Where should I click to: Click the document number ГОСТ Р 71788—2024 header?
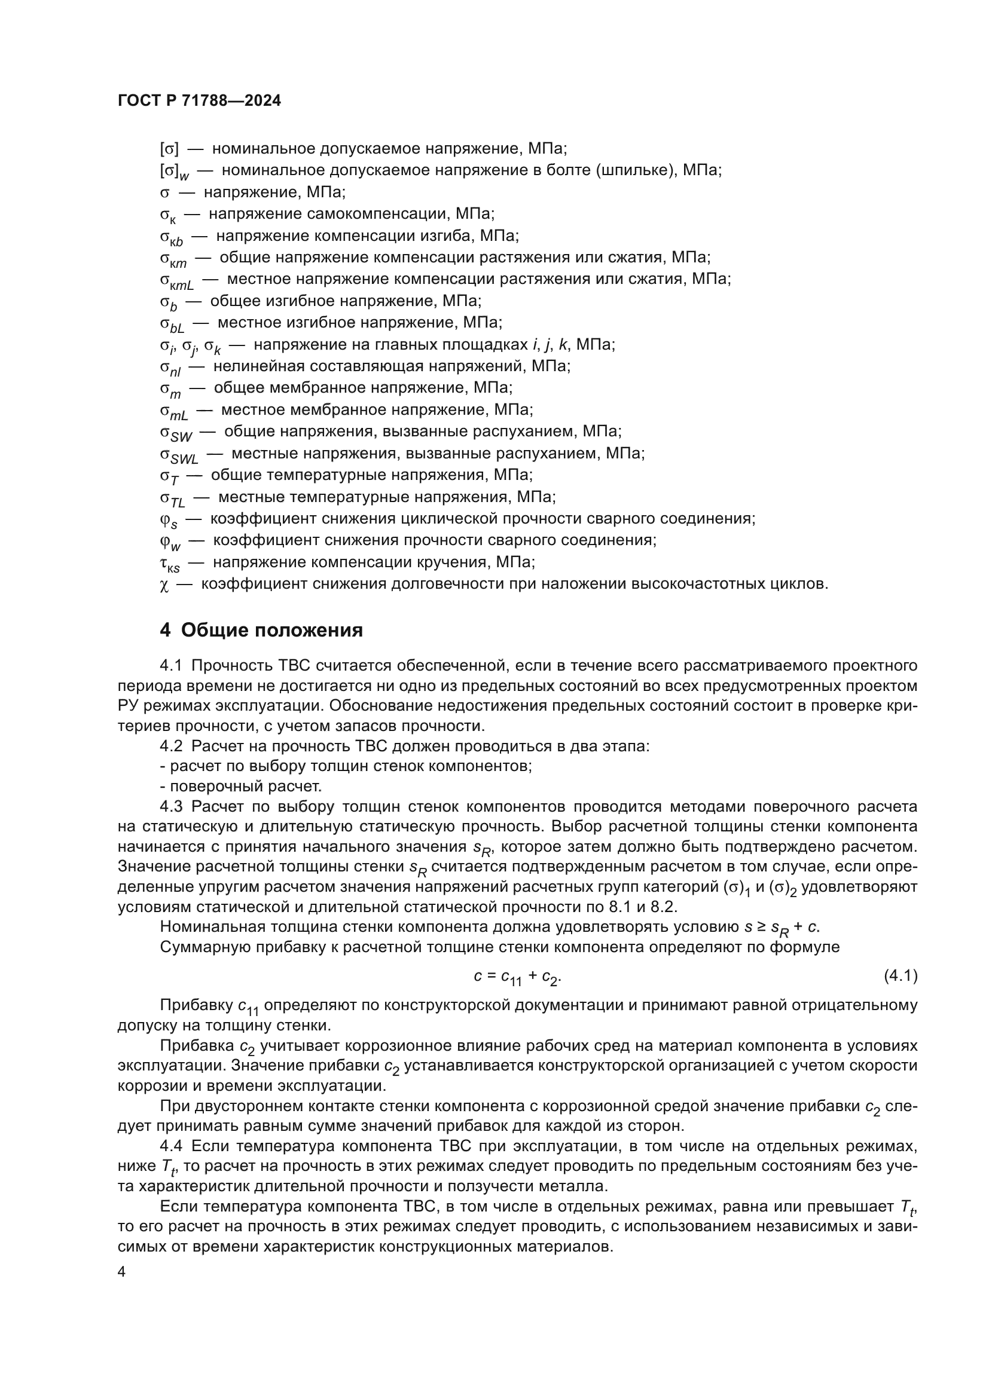tap(199, 101)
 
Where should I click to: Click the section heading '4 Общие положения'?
tap(261, 630)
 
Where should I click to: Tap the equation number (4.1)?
tap(900, 975)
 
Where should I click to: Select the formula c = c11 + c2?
tap(517, 977)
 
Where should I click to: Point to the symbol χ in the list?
tap(163, 585)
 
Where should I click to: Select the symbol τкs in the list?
tap(170, 563)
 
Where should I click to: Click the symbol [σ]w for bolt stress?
tap(174, 172)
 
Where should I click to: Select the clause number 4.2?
tap(171, 747)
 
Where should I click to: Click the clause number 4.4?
tap(171, 1146)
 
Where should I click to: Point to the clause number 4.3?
tap(171, 807)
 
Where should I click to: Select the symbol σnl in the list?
tap(170, 368)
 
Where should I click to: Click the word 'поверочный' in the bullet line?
tap(210, 786)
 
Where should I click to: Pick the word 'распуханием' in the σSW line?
tap(536, 432)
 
